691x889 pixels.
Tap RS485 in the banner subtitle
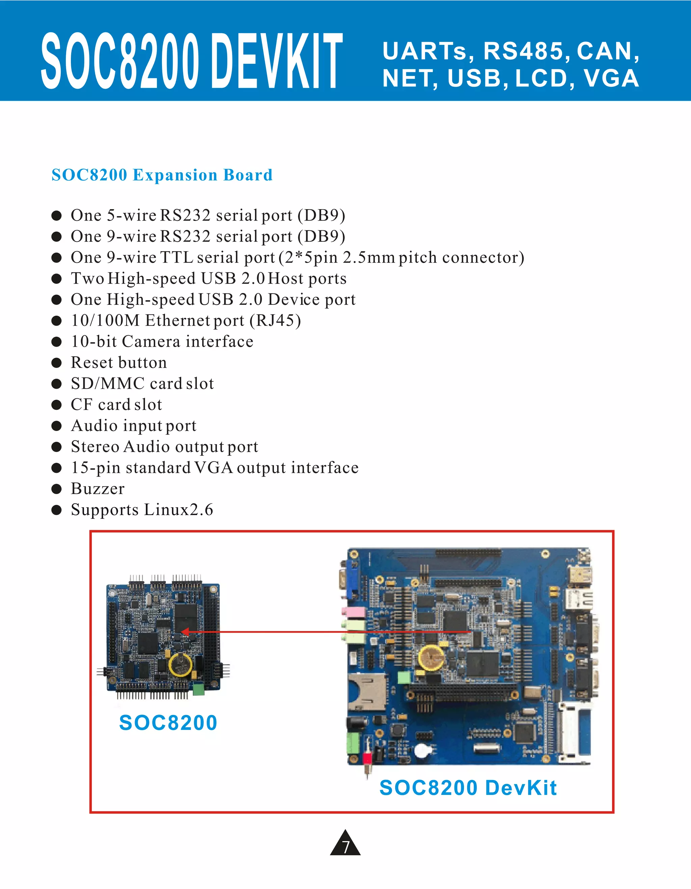coord(524,51)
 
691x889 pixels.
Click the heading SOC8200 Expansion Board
coord(162,175)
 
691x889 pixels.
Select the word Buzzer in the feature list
coord(98,488)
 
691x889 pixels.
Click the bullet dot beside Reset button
coord(57,363)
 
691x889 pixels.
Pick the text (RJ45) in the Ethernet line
coord(275,320)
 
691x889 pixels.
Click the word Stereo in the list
coord(95,447)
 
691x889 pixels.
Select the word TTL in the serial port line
coord(176,257)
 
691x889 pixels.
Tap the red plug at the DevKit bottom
coord(367,758)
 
